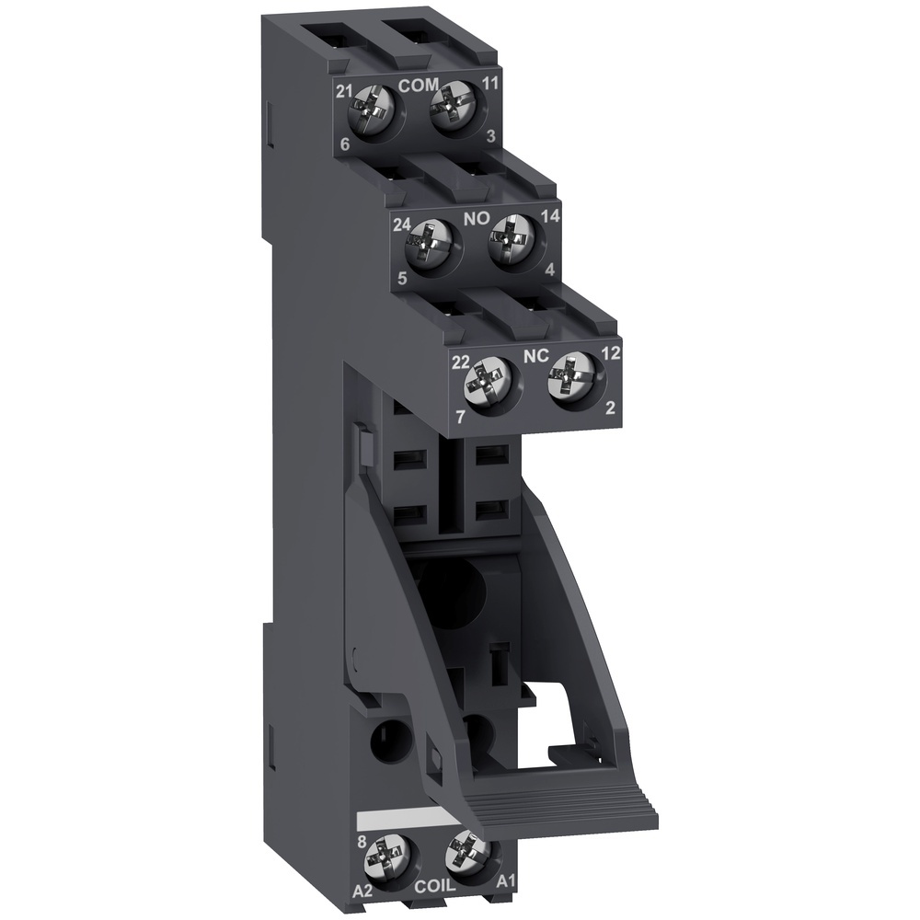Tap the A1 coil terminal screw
tap(463, 855)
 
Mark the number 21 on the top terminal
tap(344, 91)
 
